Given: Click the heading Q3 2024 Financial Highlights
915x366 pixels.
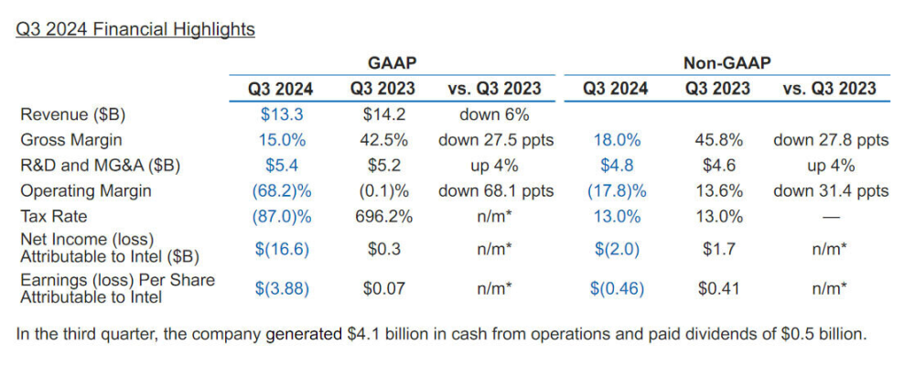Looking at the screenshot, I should (x=135, y=29).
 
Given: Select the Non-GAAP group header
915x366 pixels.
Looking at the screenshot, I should (x=727, y=63).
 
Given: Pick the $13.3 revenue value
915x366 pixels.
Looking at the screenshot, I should (x=280, y=114).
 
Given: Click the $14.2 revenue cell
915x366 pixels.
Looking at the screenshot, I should (x=382, y=114).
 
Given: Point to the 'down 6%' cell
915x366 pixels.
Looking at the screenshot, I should (x=494, y=114).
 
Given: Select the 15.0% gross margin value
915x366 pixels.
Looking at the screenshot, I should (x=280, y=140).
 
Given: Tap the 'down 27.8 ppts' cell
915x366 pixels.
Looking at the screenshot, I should (x=830, y=140).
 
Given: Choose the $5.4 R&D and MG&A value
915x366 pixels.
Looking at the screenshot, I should (x=280, y=166).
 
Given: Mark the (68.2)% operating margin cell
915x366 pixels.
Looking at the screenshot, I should (x=280, y=191).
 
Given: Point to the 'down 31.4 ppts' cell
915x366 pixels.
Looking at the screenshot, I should (x=830, y=191).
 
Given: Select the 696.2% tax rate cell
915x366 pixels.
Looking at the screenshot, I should (x=382, y=217).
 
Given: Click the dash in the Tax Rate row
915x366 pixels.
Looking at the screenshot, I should (x=830, y=217).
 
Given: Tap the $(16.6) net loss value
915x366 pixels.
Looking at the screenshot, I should (x=280, y=249).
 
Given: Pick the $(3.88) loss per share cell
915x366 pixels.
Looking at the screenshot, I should (x=280, y=288).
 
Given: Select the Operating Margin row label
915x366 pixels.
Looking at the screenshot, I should (x=85, y=191).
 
